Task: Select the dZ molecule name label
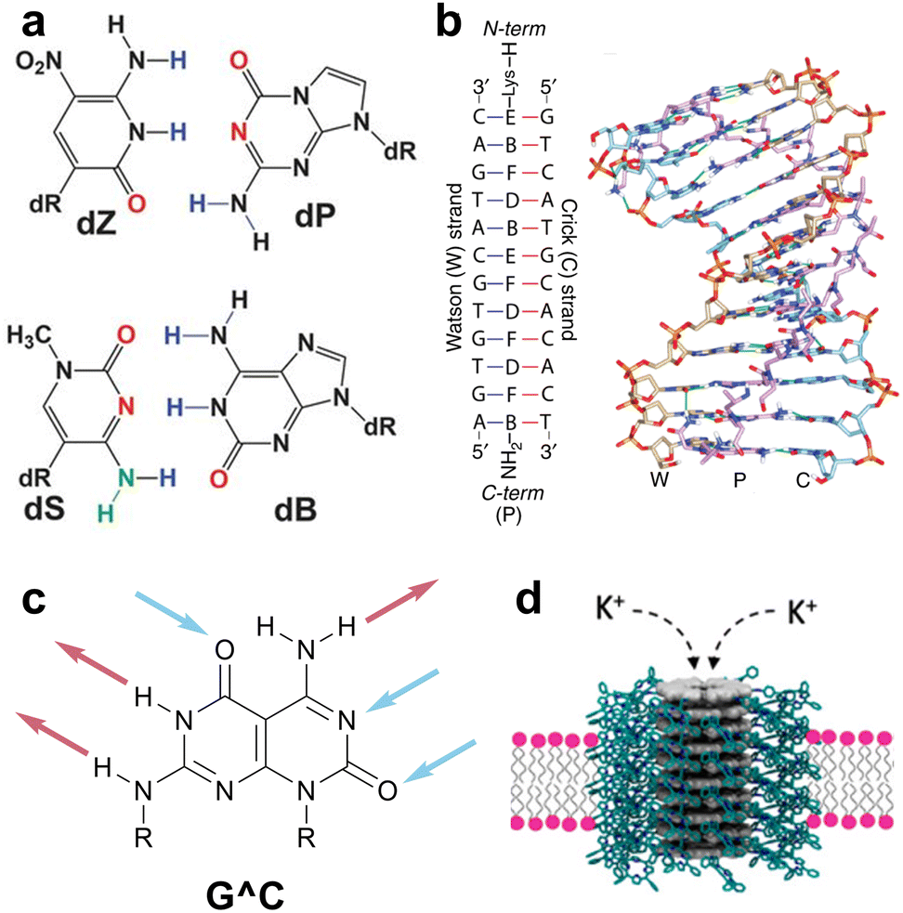click(96, 222)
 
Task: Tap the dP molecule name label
click(315, 215)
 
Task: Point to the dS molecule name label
click(45, 508)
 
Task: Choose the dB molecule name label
click(295, 510)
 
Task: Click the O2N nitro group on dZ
click(39, 61)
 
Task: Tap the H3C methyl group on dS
click(29, 336)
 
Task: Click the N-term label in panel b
click(515, 28)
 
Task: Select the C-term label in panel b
click(513, 492)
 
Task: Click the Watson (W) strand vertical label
click(453, 267)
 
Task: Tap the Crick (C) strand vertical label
click(568, 269)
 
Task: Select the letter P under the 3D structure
click(739, 480)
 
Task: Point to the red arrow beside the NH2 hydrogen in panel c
click(401, 601)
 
